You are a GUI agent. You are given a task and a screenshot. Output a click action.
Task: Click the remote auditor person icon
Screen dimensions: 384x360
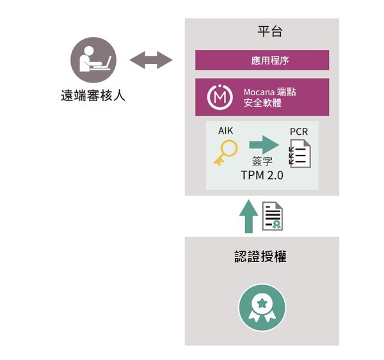(93, 59)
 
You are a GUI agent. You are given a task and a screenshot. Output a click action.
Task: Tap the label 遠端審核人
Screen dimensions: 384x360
(93, 95)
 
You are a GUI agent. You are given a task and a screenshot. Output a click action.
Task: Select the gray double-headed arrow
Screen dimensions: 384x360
(151, 60)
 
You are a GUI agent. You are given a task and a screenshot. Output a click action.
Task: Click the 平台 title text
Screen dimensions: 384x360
(270, 31)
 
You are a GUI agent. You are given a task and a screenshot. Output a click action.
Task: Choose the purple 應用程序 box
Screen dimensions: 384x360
(262, 60)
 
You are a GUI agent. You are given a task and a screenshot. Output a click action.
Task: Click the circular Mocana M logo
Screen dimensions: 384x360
(220, 97)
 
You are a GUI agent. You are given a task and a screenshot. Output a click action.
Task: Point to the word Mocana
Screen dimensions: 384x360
(259, 92)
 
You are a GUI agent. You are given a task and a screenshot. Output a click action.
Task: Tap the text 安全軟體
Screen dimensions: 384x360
(262, 103)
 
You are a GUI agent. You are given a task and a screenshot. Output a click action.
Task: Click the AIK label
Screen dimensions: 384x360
(225, 131)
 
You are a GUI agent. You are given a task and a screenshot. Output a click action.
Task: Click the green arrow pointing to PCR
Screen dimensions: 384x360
(264, 145)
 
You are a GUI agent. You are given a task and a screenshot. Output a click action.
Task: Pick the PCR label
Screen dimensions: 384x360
(299, 132)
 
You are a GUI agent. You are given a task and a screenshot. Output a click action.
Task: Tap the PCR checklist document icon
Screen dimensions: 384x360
(300, 153)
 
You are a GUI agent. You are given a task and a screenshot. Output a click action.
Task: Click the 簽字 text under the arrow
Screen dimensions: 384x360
(262, 161)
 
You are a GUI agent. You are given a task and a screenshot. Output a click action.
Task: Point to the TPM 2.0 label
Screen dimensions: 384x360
(262, 175)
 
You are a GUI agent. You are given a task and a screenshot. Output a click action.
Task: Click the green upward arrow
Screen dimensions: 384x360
(248, 216)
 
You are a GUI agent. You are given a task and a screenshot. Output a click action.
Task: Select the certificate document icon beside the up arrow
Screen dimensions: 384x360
(273, 216)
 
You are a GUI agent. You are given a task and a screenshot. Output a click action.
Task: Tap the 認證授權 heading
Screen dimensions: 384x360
(260, 256)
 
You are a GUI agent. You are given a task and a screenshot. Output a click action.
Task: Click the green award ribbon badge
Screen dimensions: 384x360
(262, 308)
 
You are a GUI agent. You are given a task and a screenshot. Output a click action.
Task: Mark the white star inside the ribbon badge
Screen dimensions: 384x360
(262, 304)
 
